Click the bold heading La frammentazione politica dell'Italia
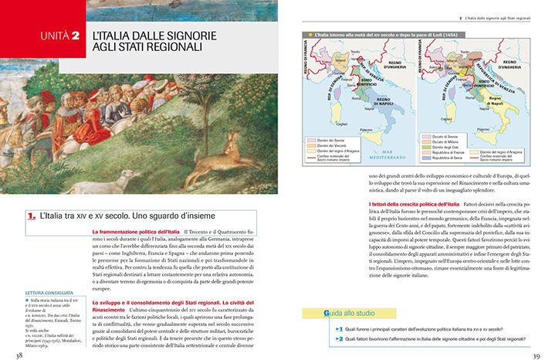pyautogui.click(x=135, y=232)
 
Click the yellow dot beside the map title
pyautogui.click(x=310, y=35)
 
